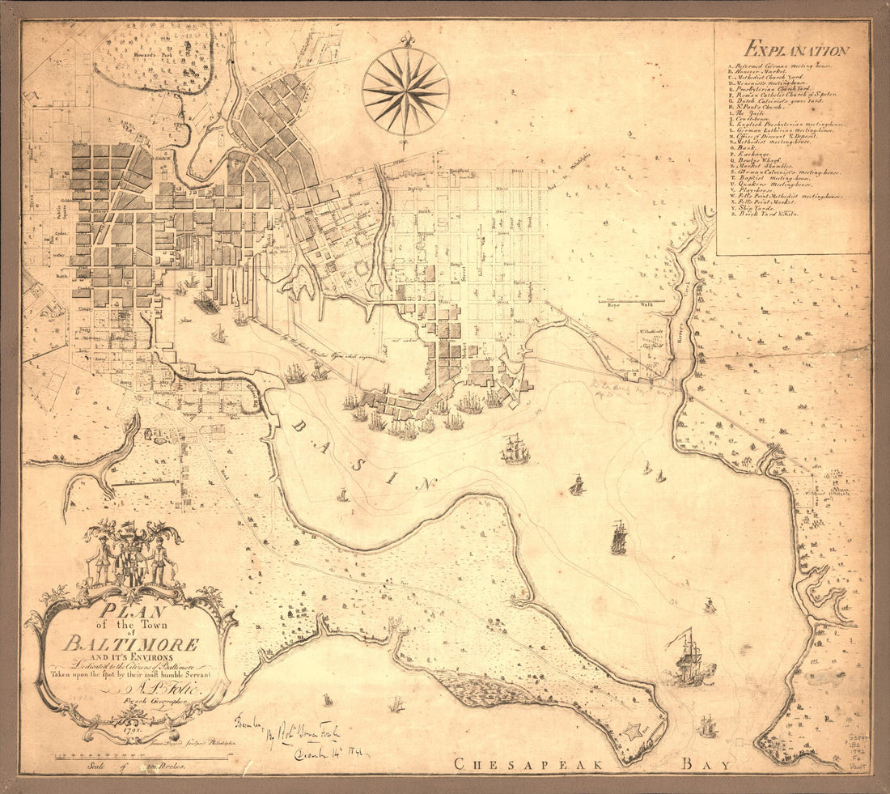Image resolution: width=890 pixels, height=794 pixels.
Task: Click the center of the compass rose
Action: (405, 91)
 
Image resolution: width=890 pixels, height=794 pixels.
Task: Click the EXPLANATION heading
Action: (797, 50)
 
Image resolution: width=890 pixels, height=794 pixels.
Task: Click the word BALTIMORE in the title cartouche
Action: (132, 645)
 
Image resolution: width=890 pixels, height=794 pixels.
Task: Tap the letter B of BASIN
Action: (298, 427)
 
